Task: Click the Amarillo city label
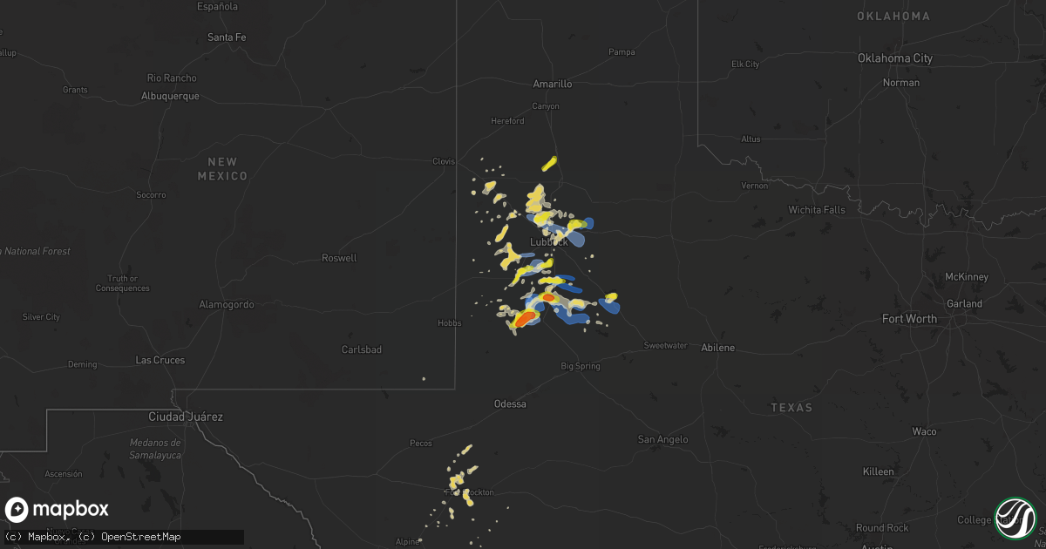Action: pos(553,85)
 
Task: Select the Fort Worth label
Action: pos(909,319)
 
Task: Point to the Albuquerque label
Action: pos(170,97)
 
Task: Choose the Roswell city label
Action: pos(339,258)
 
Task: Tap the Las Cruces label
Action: pos(160,360)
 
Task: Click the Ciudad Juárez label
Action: pos(187,417)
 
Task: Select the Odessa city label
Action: pos(510,404)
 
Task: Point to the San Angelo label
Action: pos(664,440)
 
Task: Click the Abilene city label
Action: pos(718,348)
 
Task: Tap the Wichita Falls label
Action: pos(817,210)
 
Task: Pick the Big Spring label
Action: pos(581,367)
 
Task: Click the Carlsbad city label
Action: pos(361,349)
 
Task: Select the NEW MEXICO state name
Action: pos(222,169)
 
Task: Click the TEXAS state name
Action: pos(791,408)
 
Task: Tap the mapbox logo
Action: pos(58,510)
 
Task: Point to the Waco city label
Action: pos(924,432)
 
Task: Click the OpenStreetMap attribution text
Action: pos(141,537)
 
